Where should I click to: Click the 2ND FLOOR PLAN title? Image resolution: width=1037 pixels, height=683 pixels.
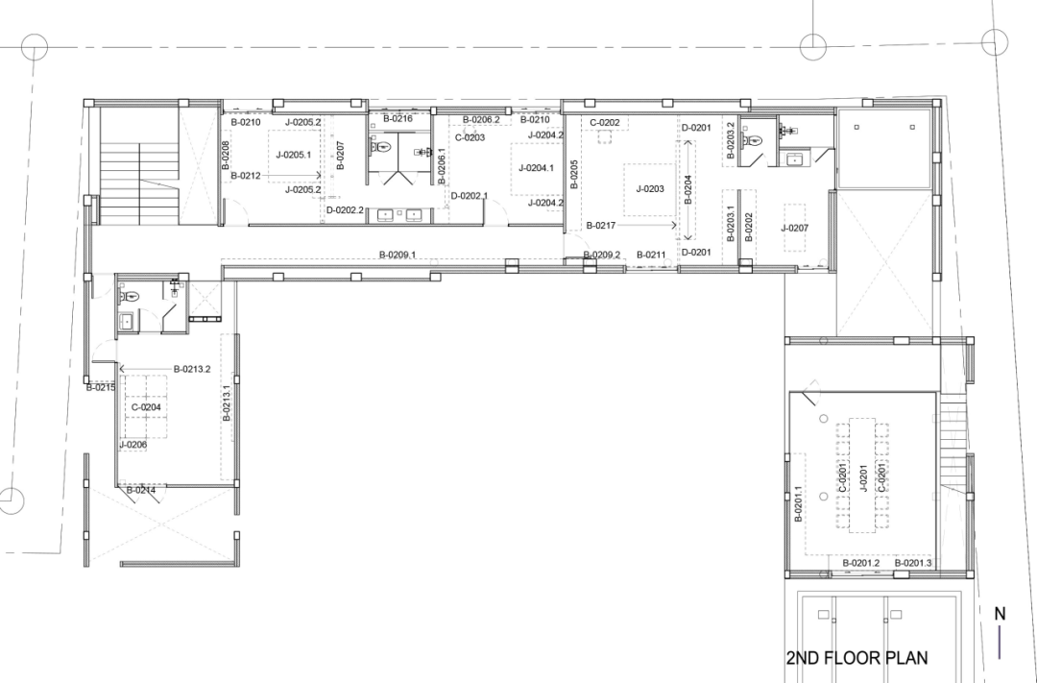coord(856,659)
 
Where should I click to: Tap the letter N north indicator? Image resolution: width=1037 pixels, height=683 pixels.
coord(999,614)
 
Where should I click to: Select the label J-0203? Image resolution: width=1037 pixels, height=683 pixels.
coord(649,189)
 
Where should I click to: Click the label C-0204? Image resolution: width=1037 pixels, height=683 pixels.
coord(146,407)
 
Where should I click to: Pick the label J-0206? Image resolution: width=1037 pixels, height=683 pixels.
coord(133,445)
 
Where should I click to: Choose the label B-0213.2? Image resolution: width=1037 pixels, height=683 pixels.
coord(192,369)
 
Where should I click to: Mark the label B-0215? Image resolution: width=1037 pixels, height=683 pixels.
coord(100,388)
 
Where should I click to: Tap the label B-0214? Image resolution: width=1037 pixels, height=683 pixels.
coord(141,491)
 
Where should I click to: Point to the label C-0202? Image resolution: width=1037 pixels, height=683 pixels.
coord(604,123)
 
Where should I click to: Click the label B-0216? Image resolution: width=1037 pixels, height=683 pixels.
coord(398,118)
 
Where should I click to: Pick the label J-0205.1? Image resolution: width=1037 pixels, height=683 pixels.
coord(293,154)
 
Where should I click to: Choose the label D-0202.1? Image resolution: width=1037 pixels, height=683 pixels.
coord(469,196)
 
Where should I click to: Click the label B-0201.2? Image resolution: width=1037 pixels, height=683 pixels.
coord(861,563)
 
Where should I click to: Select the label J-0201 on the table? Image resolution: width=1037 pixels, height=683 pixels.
coord(863,476)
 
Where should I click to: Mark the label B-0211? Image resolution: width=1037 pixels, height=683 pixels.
coord(650,255)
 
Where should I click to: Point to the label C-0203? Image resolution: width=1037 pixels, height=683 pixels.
coord(470,137)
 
